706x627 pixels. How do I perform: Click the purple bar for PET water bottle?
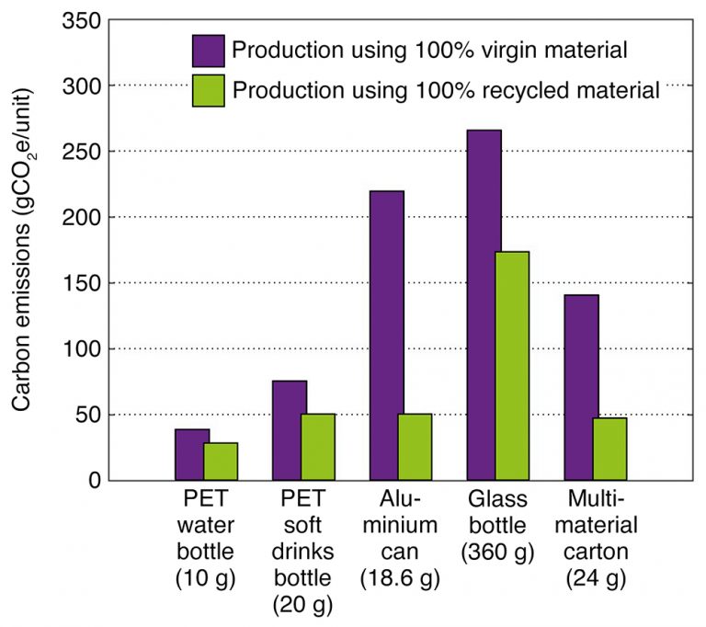192,455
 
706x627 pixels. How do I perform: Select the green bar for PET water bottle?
221,462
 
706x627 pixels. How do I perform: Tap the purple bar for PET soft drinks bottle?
290,430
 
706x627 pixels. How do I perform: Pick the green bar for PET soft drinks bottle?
318,447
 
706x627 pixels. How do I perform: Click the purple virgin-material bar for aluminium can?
387,336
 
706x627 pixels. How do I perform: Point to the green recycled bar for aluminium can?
415,447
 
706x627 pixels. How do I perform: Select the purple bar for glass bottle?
484,305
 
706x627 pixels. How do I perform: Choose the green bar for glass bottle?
512,366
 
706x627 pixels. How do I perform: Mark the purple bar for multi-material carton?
581,387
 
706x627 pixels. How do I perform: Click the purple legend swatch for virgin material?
209,50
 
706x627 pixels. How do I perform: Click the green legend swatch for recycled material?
209,90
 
